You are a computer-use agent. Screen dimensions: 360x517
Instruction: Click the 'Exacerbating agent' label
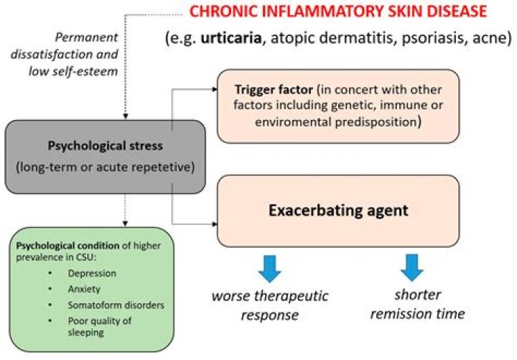coord(337,212)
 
